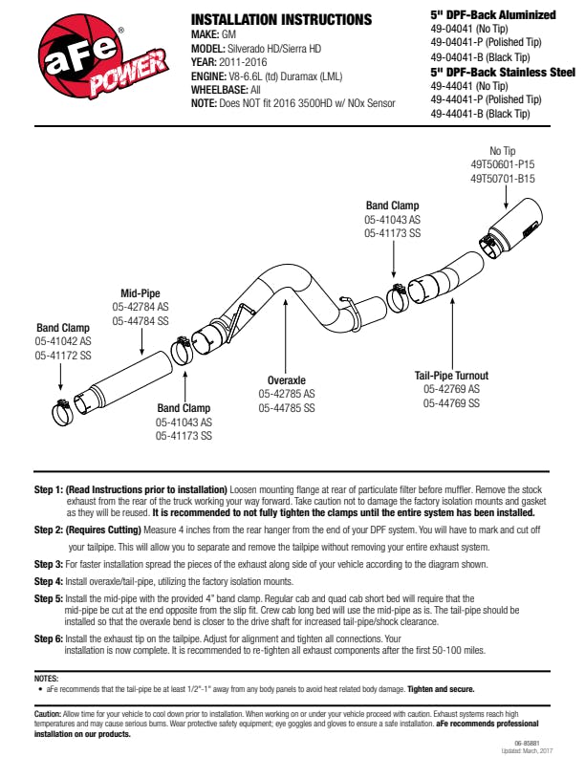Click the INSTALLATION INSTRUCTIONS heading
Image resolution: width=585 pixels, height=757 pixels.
coord(281,19)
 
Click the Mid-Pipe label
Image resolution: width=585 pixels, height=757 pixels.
coord(140,292)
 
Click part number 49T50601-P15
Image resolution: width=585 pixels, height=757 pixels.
coord(503,164)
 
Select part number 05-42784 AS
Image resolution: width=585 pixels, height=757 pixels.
coord(141,307)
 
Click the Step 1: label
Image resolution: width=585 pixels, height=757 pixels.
coord(48,488)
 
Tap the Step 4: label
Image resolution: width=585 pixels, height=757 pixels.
coord(48,581)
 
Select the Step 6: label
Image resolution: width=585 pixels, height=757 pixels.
coord(48,638)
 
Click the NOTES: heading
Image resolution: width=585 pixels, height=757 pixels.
coord(46,678)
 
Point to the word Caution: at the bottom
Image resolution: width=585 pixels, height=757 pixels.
coord(48,714)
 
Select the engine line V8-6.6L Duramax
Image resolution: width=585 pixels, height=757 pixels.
coord(277,76)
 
